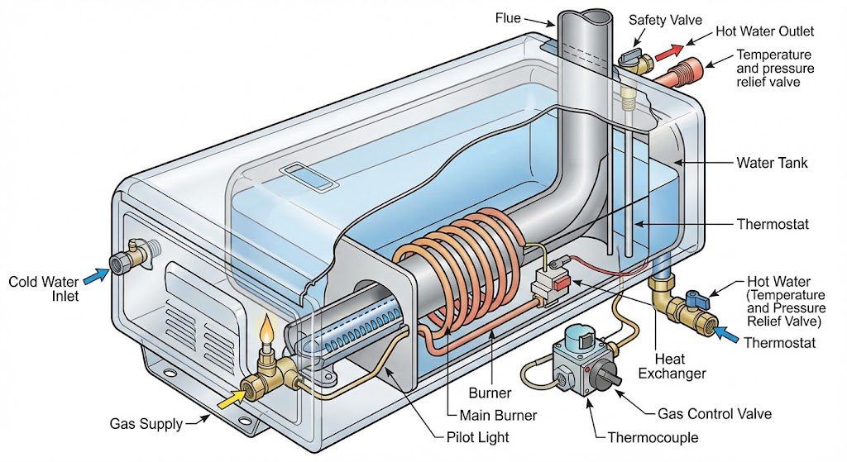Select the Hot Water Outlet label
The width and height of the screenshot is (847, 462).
click(766, 31)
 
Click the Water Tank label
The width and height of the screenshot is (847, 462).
click(772, 163)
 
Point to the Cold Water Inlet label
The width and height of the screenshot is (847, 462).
click(44, 288)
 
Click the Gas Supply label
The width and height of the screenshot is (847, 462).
click(146, 424)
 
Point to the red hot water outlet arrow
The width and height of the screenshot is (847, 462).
click(666, 55)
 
